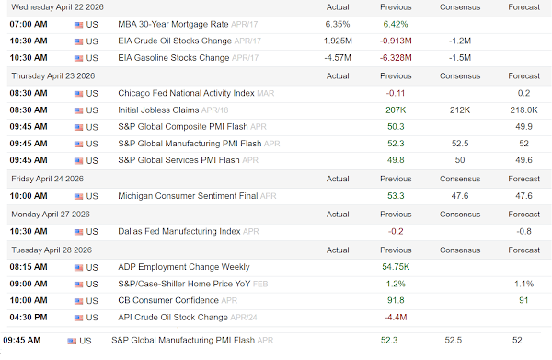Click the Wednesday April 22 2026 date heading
57,7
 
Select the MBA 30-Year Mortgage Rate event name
173,24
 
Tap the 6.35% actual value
338,24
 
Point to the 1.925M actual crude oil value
338,41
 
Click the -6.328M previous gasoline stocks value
396,58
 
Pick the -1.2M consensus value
460,41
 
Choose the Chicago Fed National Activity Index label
186,93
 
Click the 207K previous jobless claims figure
396,110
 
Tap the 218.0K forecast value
523,110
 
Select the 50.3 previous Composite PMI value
396,127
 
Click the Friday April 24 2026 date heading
47,179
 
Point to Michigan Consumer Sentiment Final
188,196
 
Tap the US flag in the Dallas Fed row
78,232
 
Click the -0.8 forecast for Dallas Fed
523,231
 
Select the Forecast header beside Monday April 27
523,215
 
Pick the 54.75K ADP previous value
396,267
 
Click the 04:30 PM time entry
29,318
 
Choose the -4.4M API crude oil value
396,318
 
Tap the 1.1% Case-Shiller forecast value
523,284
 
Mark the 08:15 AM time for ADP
29,267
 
